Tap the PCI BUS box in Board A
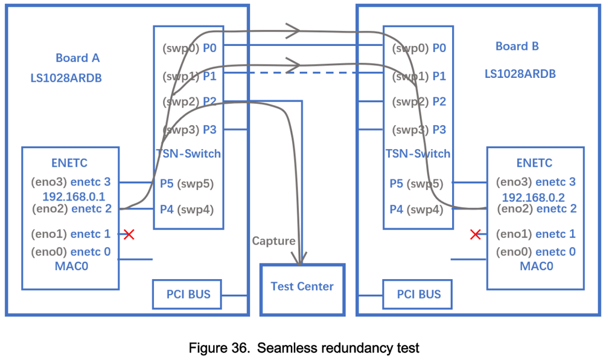coord(188,294)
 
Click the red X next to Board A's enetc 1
coord(129,234)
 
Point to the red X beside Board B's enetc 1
coord(476,234)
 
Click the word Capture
coord(273,241)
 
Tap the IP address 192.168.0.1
coord(74,196)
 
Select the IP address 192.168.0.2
coord(533,196)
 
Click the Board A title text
coord(77,58)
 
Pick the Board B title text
coord(517,46)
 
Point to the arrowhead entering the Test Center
coord(299,259)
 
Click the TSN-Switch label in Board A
coord(188,153)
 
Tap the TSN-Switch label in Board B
coord(418,153)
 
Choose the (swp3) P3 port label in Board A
coord(189,129)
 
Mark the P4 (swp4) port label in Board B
coord(416,210)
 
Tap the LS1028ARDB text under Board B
coord(520,74)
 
